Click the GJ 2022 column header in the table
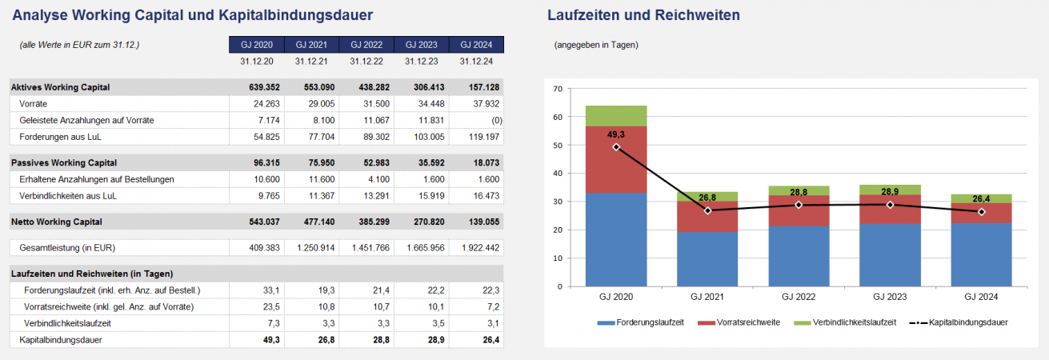pyautogui.click(x=366, y=44)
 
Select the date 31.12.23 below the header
pyautogui.click(x=422, y=62)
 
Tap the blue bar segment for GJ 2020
pyautogui.click(x=616, y=239)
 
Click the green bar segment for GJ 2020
pyautogui.click(x=616, y=116)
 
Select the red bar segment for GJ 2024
pyautogui.click(x=981, y=213)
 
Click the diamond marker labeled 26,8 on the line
pyautogui.click(x=707, y=210)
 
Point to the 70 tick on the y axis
pyautogui.click(x=558, y=89)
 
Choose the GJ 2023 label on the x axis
pyautogui.click(x=890, y=297)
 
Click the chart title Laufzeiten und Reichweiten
pyautogui.click(x=643, y=15)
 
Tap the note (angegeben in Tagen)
pyautogui.click(x=595, y=45)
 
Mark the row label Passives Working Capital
pyautogui.click(x=64, y=162)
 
